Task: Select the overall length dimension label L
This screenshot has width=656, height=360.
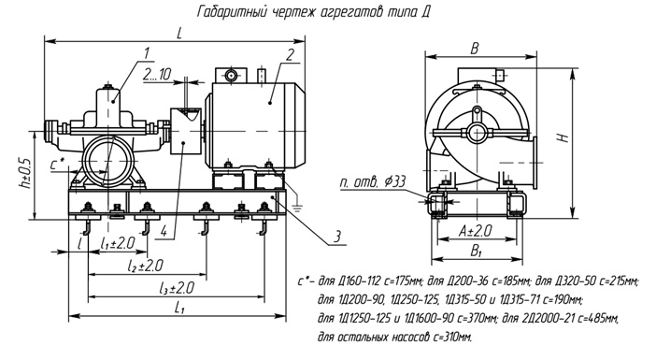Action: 178,34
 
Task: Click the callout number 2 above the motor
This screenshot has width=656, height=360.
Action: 291,54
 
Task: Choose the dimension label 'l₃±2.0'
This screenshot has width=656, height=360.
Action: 174,286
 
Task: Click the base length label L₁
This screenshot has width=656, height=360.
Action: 178,308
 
